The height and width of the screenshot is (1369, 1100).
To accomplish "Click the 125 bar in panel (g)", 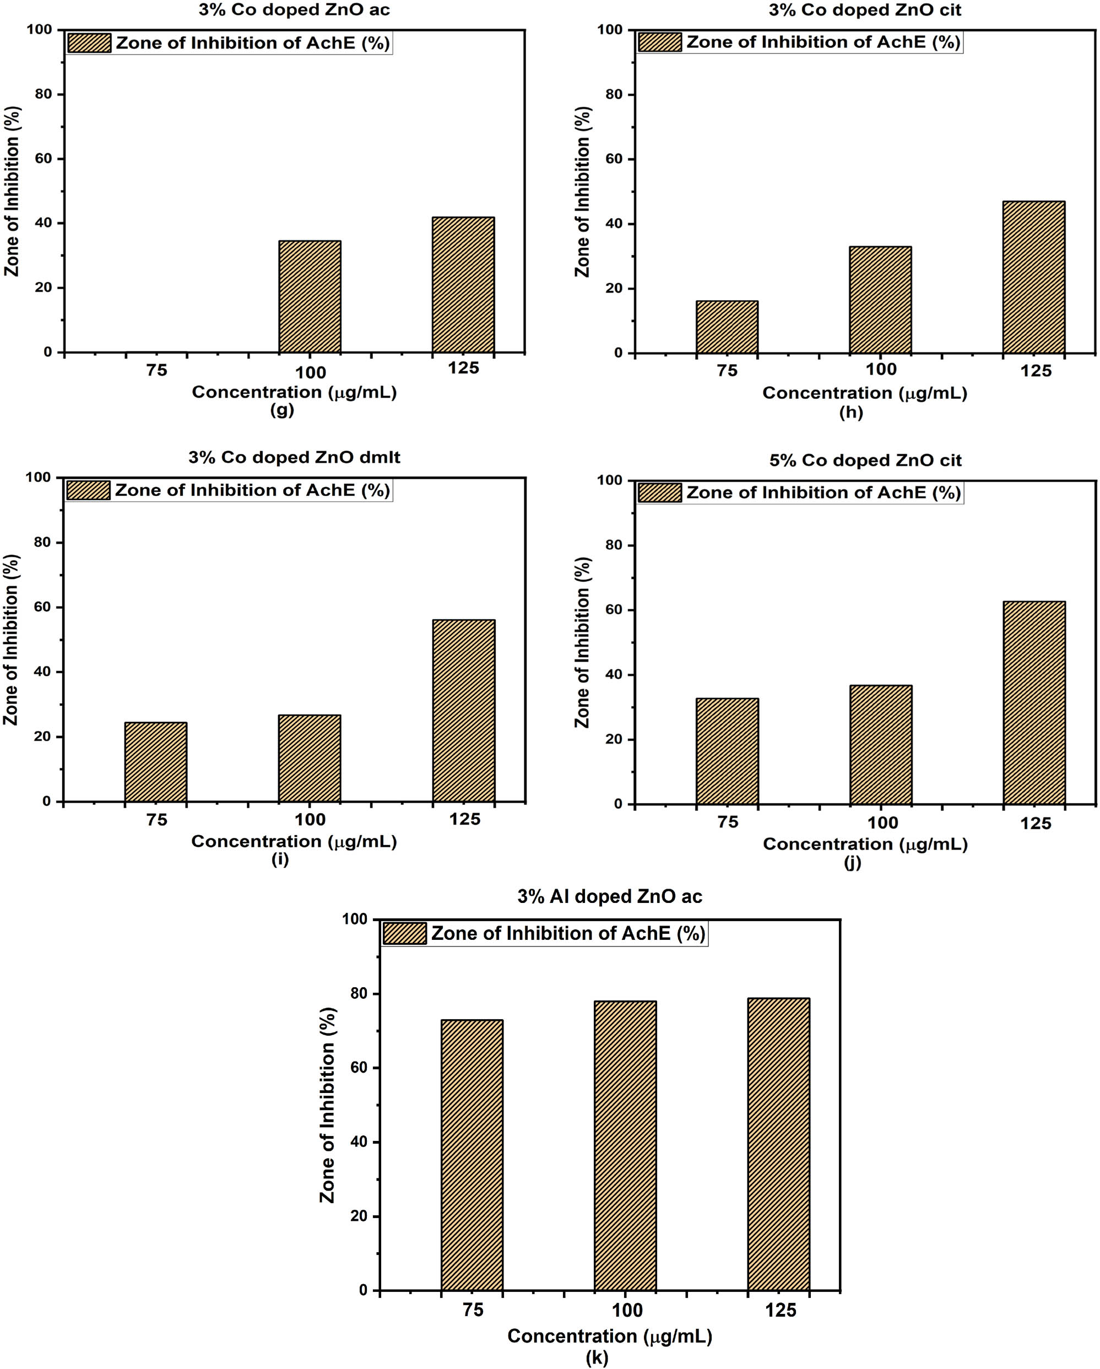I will tap(463, 285).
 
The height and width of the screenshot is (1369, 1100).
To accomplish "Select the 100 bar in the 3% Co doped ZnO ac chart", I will tap(310, 296).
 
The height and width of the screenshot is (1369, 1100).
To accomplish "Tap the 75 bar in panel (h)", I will tap(727, 327).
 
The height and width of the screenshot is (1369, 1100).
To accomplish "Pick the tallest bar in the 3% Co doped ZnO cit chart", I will tap(1034, 278).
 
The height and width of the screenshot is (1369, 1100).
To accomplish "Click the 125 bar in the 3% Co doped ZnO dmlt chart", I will tap(464, 711).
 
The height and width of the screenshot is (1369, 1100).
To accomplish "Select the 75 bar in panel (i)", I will tap(155, 762).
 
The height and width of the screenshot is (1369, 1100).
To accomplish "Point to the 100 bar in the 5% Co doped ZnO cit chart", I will tap(881, 745).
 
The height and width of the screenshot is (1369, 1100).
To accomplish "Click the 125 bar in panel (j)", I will tap(1034, 703).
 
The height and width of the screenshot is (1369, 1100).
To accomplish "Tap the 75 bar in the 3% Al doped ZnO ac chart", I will tap(472, 1155).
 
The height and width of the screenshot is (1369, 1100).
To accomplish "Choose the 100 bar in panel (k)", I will tap(625, 1145).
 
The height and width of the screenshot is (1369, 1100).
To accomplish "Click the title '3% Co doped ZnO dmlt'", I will tap(294, 457).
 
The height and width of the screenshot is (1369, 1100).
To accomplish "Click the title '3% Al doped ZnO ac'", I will tap(609, 896).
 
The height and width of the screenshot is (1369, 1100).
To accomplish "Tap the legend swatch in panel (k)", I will tap(404, 933).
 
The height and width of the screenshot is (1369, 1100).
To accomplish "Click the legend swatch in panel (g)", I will tap(89, 43).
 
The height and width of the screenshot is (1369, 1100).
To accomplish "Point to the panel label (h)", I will tap(850, 412).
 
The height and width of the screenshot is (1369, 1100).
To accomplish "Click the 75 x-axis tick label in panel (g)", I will tap(157, 370).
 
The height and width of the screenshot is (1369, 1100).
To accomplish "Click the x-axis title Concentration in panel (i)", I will tap(294, 841).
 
